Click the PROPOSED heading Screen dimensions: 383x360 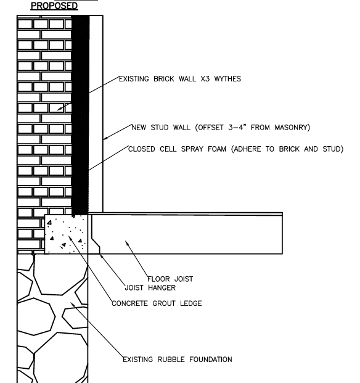point(55,6)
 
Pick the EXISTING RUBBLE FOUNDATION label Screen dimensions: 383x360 point(178,359)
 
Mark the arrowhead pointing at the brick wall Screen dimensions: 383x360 point(59,109)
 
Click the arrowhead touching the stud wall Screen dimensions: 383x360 point(105,138)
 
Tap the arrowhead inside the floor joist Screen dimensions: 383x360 point(126,242)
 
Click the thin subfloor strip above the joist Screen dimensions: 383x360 point(185,213)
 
